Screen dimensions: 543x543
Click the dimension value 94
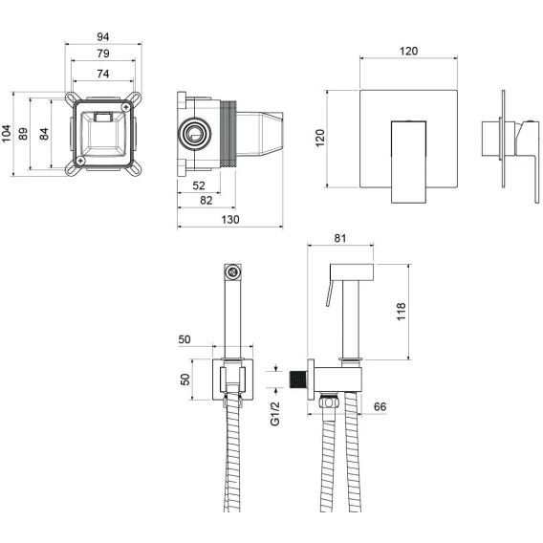coord(103,36)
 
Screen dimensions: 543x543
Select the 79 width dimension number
coord(103,54)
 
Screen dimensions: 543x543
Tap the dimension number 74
coord(103,74)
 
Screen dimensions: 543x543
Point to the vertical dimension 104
coord(7,134)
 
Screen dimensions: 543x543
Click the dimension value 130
coord(230,220)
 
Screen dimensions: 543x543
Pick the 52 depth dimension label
coord(199,185)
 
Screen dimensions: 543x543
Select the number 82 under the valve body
coord(206,201)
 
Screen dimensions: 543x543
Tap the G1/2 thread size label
coord(274,414)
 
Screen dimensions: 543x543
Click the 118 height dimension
coord(401,312)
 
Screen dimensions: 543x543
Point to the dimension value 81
coord(340,238)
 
